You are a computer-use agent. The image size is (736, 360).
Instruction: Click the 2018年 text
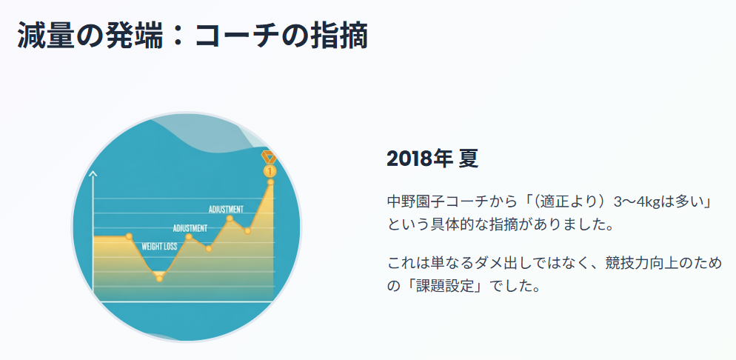pos(418,159)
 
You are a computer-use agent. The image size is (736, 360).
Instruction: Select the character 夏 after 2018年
pos(468,159)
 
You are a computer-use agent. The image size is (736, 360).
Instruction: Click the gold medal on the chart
pos(270,164)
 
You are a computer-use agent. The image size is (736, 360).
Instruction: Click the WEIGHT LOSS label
pos(159,246)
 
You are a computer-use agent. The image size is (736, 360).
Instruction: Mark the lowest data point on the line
pos(159,278)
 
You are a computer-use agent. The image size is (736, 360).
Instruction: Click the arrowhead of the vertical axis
pos(93,175)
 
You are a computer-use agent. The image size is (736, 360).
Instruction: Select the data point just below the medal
pos(270,182)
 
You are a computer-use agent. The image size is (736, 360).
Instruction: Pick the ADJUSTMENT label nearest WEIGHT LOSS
pos(190,227)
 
